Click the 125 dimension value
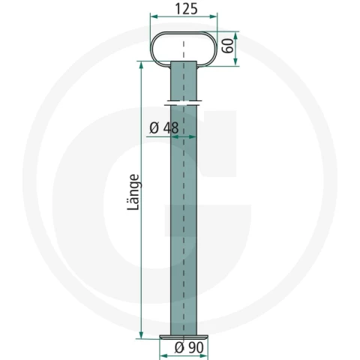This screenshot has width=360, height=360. coord(187,9)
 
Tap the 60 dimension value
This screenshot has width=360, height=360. coord(228,46)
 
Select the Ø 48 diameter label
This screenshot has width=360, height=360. coord(164,128)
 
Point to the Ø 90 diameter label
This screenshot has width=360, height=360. coord(189,347)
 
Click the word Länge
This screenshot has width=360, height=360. coord(133,192)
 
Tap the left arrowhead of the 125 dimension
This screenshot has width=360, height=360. coord(154,16)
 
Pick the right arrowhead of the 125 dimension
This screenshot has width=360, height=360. coord(213,16)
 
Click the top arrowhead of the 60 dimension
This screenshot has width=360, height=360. coord(235,35)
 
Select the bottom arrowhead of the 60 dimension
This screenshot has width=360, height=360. coord(235,62)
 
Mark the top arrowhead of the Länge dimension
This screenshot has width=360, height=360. coord(141,65)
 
